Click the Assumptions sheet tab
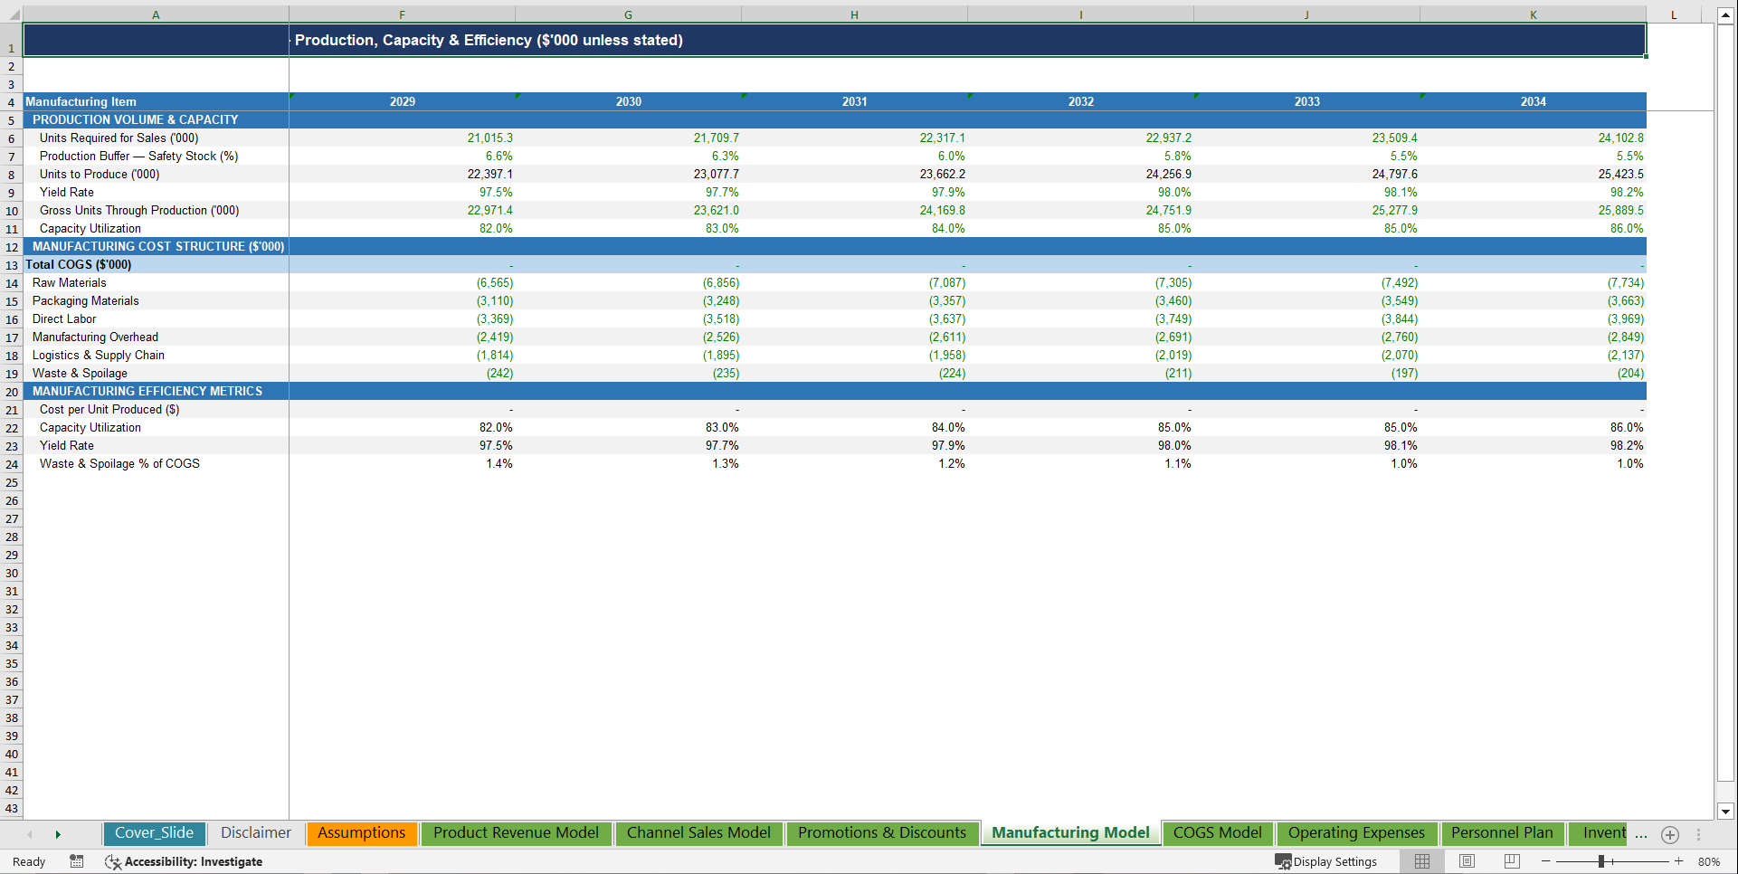click(361, 833)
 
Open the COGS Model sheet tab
click(1217, 833)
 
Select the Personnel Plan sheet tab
click(1501, 833)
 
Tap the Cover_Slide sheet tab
click(154, 833)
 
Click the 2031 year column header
click(854, 102)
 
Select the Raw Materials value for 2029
click(495, 283)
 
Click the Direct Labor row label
click(64, 319)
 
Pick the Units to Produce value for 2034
click(1620, 175)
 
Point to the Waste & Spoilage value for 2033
click(1404, 374)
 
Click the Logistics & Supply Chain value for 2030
click(721, 356)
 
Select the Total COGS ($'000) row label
click(79, 265)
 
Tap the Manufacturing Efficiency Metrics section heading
click(147, 392)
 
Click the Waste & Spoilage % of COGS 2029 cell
click(499, 464)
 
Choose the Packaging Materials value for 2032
click(1173, 301)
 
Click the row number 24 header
click(12, 465)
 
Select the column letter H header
click(854, 14)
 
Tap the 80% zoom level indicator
click(1708, 861)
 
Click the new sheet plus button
click(1670, 834)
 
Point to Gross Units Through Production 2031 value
click(942, 211)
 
